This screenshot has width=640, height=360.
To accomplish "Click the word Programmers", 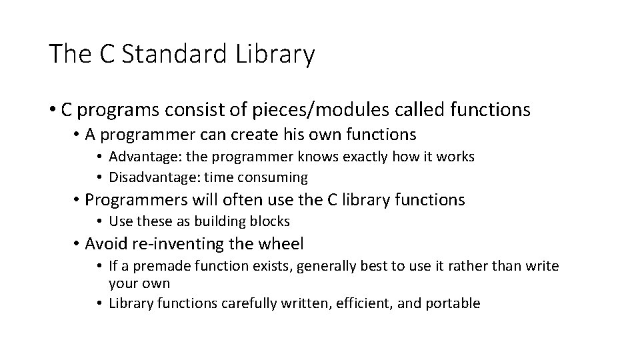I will pos(140,199).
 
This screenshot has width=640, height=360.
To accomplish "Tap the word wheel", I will pos(281,243).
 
